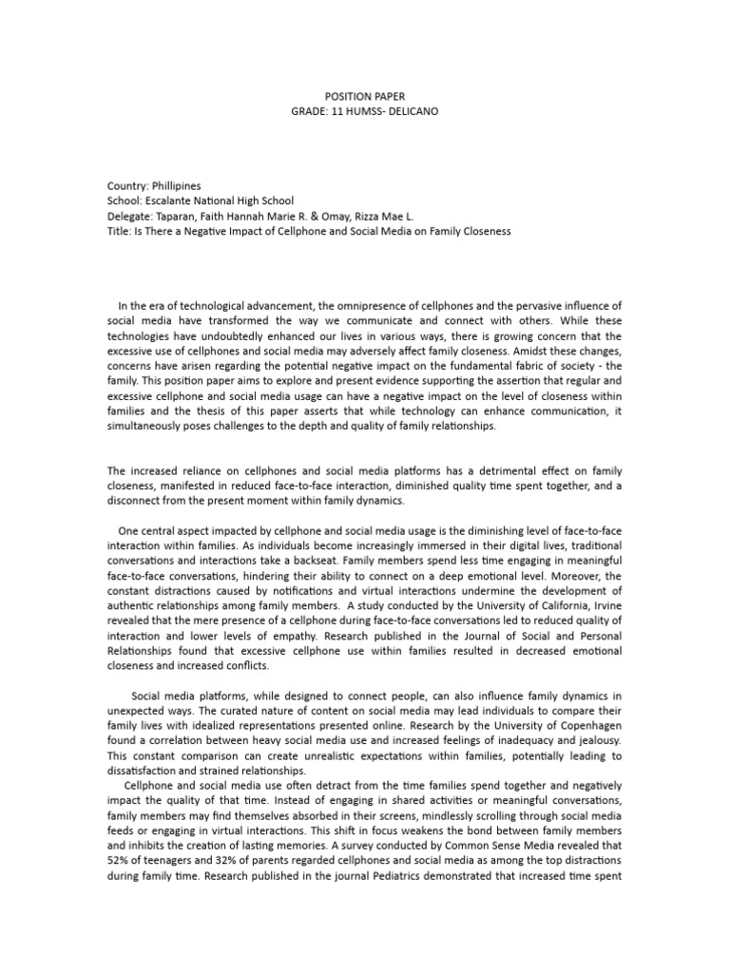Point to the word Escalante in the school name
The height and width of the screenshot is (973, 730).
[166, 200]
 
